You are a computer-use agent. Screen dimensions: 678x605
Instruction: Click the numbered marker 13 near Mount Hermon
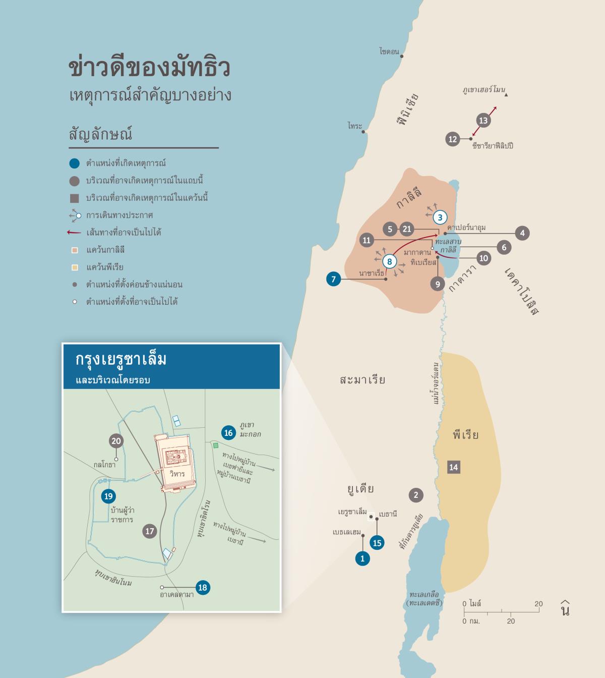(483, 121)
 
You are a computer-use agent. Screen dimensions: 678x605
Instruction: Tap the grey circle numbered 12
(453, 139)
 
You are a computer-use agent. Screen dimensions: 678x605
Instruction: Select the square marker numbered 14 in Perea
(453, 467)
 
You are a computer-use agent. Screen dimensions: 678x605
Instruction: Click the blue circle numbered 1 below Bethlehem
(362, 558)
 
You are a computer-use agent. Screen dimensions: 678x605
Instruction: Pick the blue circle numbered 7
(333, 278)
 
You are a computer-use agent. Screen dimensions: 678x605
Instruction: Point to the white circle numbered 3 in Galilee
(440, 217)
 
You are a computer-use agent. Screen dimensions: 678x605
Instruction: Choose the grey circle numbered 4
(522, 233)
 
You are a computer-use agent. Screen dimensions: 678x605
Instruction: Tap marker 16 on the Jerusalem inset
(228, 433)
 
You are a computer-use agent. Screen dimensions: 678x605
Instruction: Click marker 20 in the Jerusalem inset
(116, 441)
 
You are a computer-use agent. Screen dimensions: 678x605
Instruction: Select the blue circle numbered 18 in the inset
(203, 587)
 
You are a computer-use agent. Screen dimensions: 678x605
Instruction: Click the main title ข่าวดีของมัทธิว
(149, 68)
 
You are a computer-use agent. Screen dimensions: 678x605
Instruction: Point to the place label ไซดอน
(389, 51)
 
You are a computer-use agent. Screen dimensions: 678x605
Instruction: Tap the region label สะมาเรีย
(362, 380)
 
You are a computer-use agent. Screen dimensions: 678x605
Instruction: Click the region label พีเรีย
(465, 435)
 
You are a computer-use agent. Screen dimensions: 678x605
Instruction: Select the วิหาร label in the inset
(177, 474)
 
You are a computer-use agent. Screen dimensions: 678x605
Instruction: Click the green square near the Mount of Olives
(216, 445)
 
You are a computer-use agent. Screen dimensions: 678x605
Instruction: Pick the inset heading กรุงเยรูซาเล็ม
(121, 360)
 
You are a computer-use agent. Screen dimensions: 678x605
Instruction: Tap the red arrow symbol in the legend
(74, 233)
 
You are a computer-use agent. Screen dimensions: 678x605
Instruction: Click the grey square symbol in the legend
(74, 198)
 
